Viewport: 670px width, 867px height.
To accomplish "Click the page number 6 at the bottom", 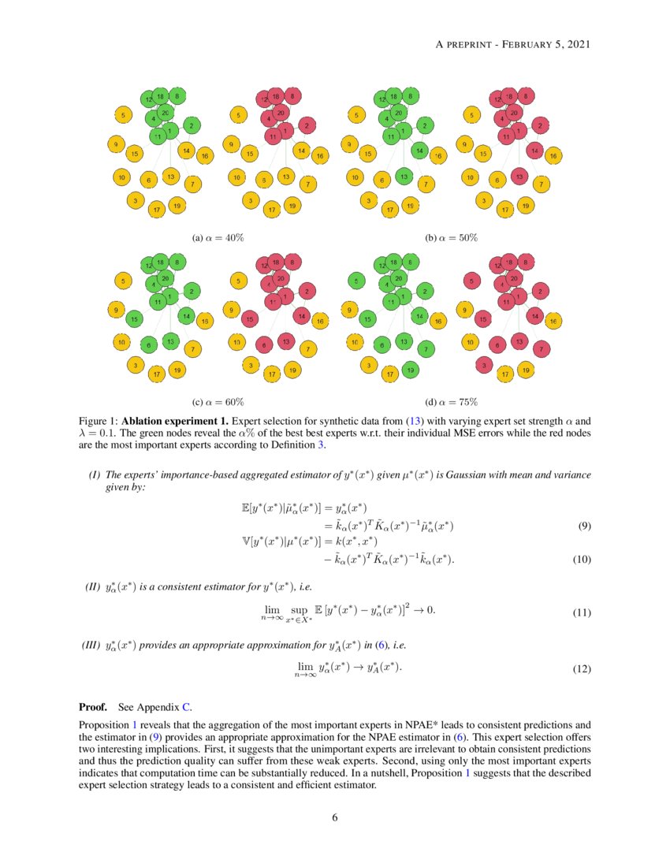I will (335, 817).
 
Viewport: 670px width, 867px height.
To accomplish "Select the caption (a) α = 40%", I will (222, 236).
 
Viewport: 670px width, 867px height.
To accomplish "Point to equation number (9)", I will (584, 526).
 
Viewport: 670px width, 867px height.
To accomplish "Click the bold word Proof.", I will (93, 706).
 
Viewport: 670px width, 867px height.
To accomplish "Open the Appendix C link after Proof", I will (186, 706).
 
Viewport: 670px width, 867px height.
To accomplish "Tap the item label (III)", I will (92, 646).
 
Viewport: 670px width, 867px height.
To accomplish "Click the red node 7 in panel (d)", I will (542, 348).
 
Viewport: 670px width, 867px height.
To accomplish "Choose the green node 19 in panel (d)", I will (409, 370).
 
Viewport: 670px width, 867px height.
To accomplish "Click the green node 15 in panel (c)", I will (135, 319).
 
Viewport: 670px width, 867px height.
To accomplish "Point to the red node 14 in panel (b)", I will (534, 150).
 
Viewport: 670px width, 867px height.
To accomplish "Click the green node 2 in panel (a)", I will (191, 125).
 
